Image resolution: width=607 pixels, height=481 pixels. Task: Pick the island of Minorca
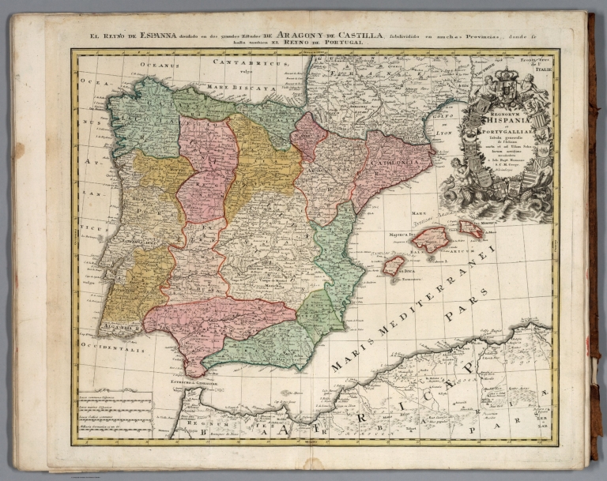(471, 229)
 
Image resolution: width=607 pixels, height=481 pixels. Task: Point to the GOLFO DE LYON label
(447, 126)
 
